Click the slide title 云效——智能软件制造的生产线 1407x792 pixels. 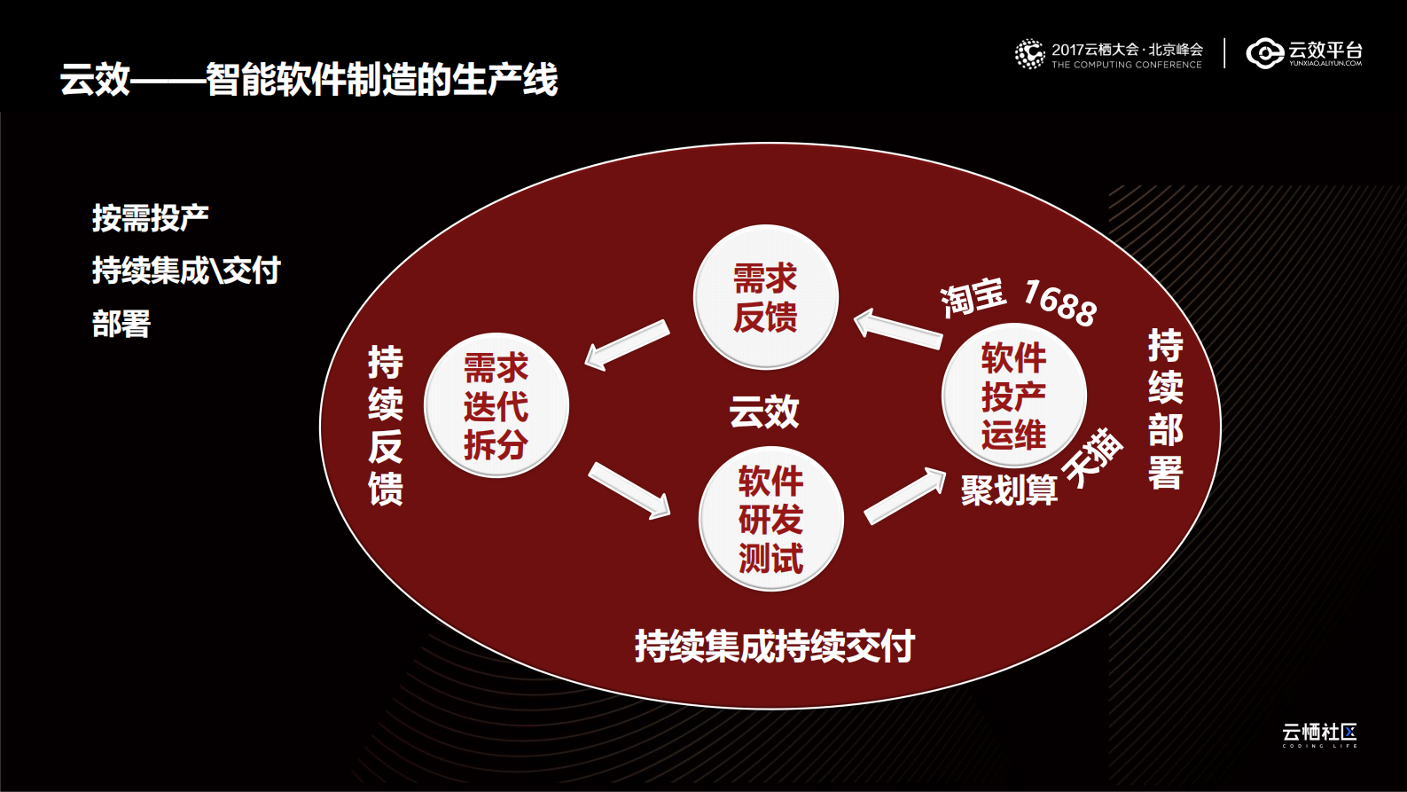[x=309, y=80]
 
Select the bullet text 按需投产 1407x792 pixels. [x=150, y=217]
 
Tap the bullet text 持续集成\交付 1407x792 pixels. [x=186, y=271]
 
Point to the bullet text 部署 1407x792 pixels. [x=121, y=324]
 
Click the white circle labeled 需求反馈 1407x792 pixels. [x=765, y=297]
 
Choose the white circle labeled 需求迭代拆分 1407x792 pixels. [x=496, y=405]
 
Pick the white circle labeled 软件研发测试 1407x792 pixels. [x=770, y=520]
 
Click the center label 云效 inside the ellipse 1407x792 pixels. [x=764, y=412]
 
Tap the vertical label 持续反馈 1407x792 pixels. [x=386, y=425]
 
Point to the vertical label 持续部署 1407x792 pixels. [x=1165, y=408]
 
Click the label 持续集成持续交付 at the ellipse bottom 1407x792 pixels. [x=774, y=646]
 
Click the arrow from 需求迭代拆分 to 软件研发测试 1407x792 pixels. [x=629, y=490]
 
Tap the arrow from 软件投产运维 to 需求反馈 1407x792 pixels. [x=897, y=328]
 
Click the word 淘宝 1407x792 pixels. [x=973, y=297]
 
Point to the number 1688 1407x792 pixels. [x=1060, y=302]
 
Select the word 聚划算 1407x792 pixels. [x=1009, y=490]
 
